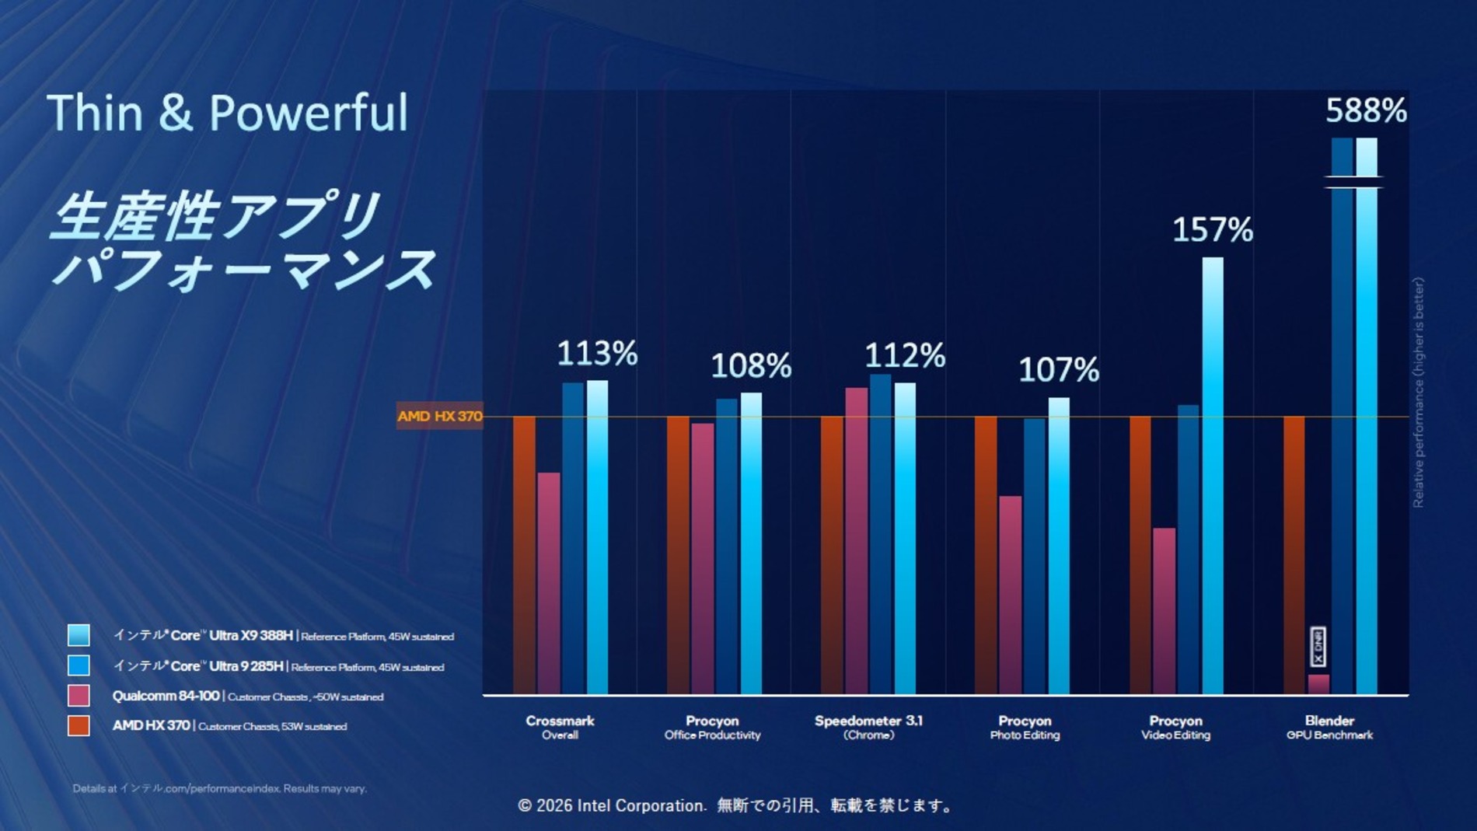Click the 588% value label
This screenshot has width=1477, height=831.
click(x=1366, y=110)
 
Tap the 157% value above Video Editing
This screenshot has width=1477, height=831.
click(x=1212, y=229)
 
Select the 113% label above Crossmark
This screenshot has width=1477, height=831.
click(x=597, y=354)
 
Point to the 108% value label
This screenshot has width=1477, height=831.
click(x=751, y=365)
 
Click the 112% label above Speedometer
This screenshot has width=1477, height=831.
click(x=905, y=356)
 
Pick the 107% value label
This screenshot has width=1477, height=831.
click(x=1059, y=369)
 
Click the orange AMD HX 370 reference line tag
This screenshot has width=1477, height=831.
click(x=439, y=416)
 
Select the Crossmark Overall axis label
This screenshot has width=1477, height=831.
click(x=560, y=727)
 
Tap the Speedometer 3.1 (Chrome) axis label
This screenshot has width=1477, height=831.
click(x=868, y=727)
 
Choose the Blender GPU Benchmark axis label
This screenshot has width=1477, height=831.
click(x=1329, y=727)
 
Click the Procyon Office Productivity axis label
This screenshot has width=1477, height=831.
click(x=712, y=727)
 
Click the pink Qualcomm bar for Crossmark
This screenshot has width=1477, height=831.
click(x=549, y=583)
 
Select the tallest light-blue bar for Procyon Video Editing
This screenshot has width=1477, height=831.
click(x=1213, y=474)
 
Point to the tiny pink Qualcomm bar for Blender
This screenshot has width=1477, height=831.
click(x=1318, y=684)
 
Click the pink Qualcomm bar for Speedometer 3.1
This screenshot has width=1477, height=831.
click(x=857, y=540)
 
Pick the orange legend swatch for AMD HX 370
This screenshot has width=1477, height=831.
click(x=79, y=725)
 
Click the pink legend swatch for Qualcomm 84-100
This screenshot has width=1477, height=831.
click(x=79, y=695)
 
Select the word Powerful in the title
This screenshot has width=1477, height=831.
click(x=308, y=113)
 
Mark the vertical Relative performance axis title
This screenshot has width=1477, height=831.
click(x=1419, y=393)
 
